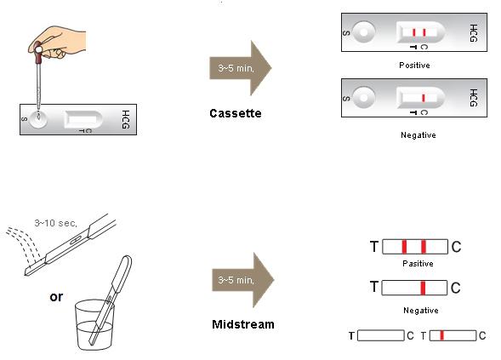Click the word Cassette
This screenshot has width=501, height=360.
pos(236,113)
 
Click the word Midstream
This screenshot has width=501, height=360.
pos(243,324)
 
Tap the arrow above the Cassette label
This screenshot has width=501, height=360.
pos(240,68)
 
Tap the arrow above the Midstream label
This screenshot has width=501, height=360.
pos(242,280)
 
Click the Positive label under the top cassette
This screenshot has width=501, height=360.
pos(414,66)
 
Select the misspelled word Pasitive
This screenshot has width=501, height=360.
pos(418,264)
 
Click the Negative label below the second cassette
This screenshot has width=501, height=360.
pos(418,135)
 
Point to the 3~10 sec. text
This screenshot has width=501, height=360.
pos(55,223)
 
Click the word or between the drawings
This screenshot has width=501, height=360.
pos(56,297)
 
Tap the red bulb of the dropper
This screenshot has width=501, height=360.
pos(38,52)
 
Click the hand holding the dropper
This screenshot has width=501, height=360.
pos(58,42)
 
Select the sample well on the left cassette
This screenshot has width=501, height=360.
pos(38,118)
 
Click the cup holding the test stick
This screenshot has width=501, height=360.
pos(94,324)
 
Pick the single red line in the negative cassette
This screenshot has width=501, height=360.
pos(424,98)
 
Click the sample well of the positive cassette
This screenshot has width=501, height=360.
pos(364,32)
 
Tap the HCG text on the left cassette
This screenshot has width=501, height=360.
pos(126,119)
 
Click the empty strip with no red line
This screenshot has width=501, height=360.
pos(381,335)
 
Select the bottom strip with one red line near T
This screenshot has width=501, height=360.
pos(453,335)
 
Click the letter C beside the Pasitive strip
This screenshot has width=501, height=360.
pos(456,247)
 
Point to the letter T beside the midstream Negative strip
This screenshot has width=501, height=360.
pos(374,287)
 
